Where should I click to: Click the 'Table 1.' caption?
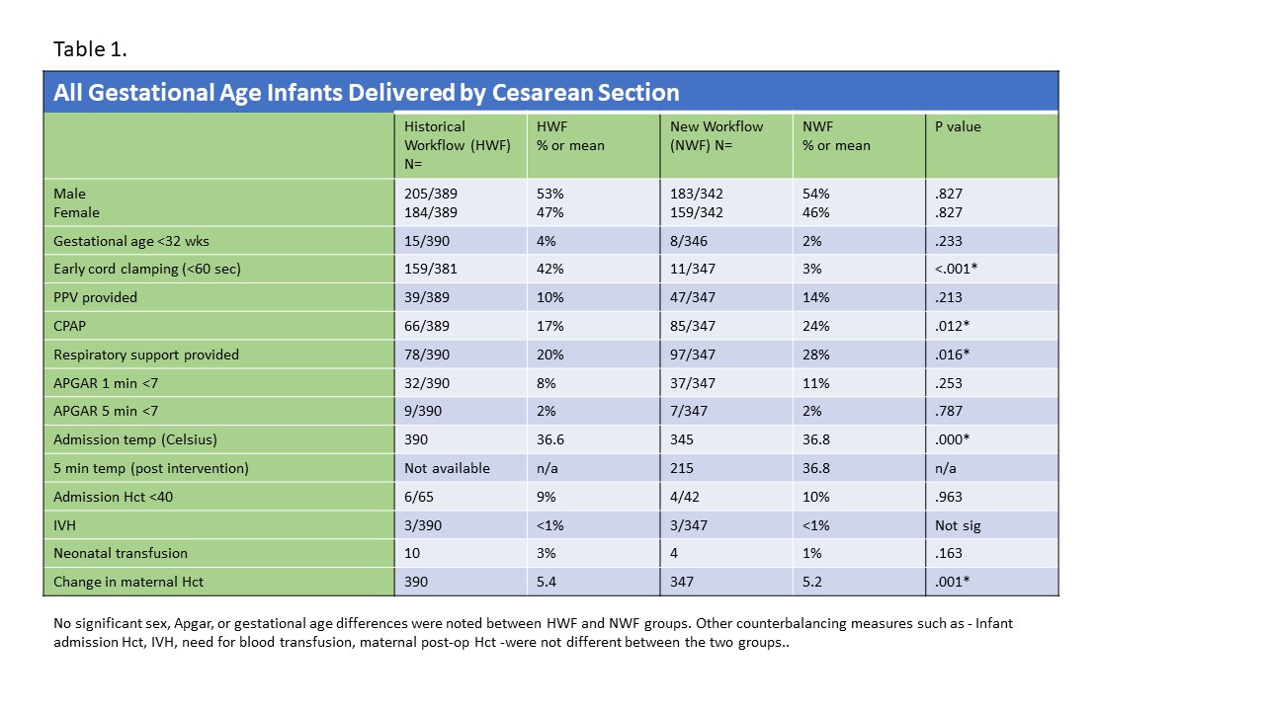tap(90, 49)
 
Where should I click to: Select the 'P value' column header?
tap(958, 126)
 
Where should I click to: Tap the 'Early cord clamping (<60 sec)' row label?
tap(147, 269)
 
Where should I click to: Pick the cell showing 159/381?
tap(430, 269)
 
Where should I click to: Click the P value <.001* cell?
tap(956, 269)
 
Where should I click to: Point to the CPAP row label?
tap(69, 326)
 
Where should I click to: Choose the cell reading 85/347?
tap(693, 326)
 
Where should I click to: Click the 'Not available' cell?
tap(447, 468)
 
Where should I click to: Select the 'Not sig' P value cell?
tap(958, 525)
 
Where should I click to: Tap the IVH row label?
tap(64, 525)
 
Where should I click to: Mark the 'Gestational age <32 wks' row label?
tap(131, 241)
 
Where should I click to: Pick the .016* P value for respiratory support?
tap(952, 355)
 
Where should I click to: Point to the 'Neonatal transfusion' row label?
tap(121, 553)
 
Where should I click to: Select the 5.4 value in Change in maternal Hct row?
tap(547, 582)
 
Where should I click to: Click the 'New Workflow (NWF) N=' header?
tap(717, 136)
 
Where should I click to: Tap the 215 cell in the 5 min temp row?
tap(681, 468)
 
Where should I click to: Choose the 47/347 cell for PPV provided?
tap(693, 297)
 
